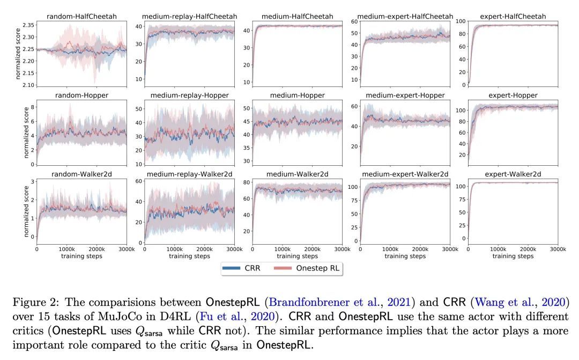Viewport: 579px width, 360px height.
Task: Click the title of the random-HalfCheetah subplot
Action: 82,17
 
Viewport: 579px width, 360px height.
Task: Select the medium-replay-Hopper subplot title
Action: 190,95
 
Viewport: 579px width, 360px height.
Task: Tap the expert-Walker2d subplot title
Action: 513,174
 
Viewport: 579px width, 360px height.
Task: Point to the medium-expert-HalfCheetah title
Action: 405,17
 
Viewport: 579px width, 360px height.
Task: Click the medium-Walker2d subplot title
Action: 298,174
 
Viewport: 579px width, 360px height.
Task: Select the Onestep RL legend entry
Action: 312,268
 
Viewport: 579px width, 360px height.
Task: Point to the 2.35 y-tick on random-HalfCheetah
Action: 28,25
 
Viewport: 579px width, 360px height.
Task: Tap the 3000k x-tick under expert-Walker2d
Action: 558,249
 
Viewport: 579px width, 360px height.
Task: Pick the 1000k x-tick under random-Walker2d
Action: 66,249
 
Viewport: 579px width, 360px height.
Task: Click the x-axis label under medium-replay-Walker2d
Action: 190,256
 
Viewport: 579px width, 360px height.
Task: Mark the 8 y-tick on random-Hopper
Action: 32,107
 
